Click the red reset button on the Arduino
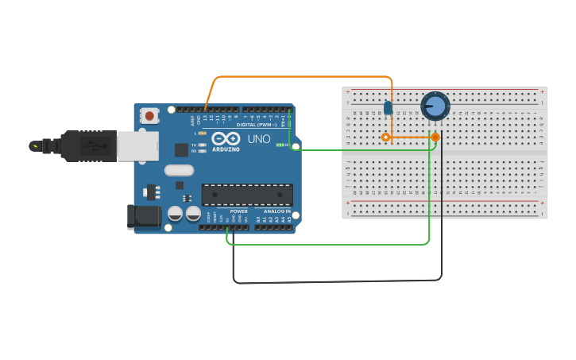(149, 116)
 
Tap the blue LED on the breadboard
(388, 107)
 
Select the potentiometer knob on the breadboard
(435, 106)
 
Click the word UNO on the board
(259, 139)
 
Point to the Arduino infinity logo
(226, 138)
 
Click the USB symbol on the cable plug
(95, 146)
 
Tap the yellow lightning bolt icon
(34, 145)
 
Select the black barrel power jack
(141, 216)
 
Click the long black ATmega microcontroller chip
(247, 195)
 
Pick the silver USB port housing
(137, 146)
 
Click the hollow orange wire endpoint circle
(386, 137)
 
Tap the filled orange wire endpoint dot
(435, 137)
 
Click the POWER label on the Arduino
(239, 211)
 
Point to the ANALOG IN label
(277, 211)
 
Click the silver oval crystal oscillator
(180, 169)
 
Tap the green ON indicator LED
(279, 145)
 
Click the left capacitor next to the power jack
(175, 213)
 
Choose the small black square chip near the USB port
(181, 149)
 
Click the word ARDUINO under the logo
(226, 149)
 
